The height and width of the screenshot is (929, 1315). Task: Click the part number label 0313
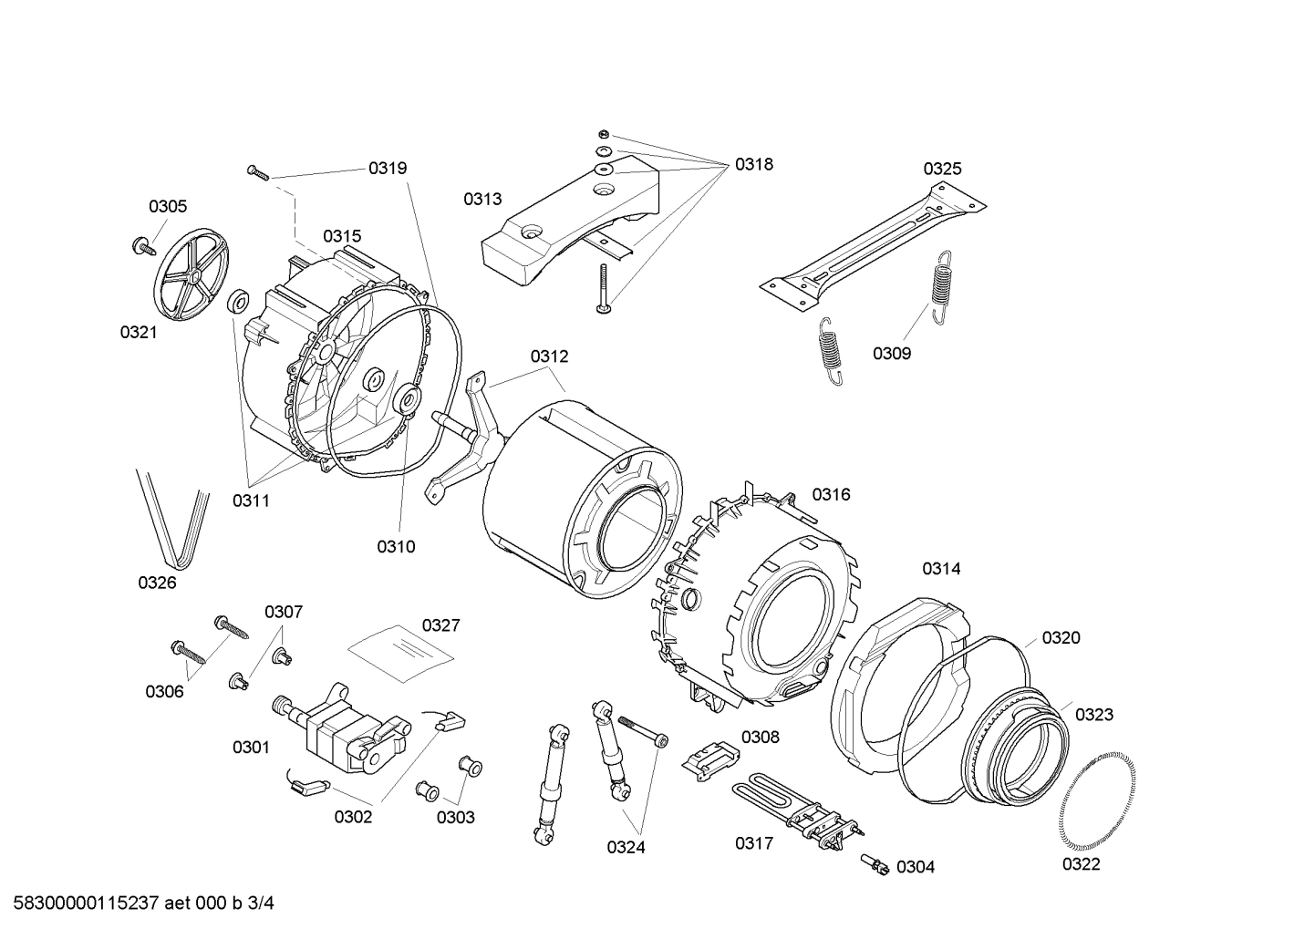point(481,200)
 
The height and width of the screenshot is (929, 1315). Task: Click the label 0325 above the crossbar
point(942,169)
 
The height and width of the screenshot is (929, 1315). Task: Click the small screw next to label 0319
point(257,172)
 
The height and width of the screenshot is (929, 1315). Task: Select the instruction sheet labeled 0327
point(401,652)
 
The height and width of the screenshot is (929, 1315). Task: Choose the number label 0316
point(831,495)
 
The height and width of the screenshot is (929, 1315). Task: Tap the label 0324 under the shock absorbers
point(626,848)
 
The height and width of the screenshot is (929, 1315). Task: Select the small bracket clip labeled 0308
point(709,758)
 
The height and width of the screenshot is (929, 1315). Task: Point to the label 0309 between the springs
point(891,354)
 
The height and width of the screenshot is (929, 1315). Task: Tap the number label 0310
point(396,547)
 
